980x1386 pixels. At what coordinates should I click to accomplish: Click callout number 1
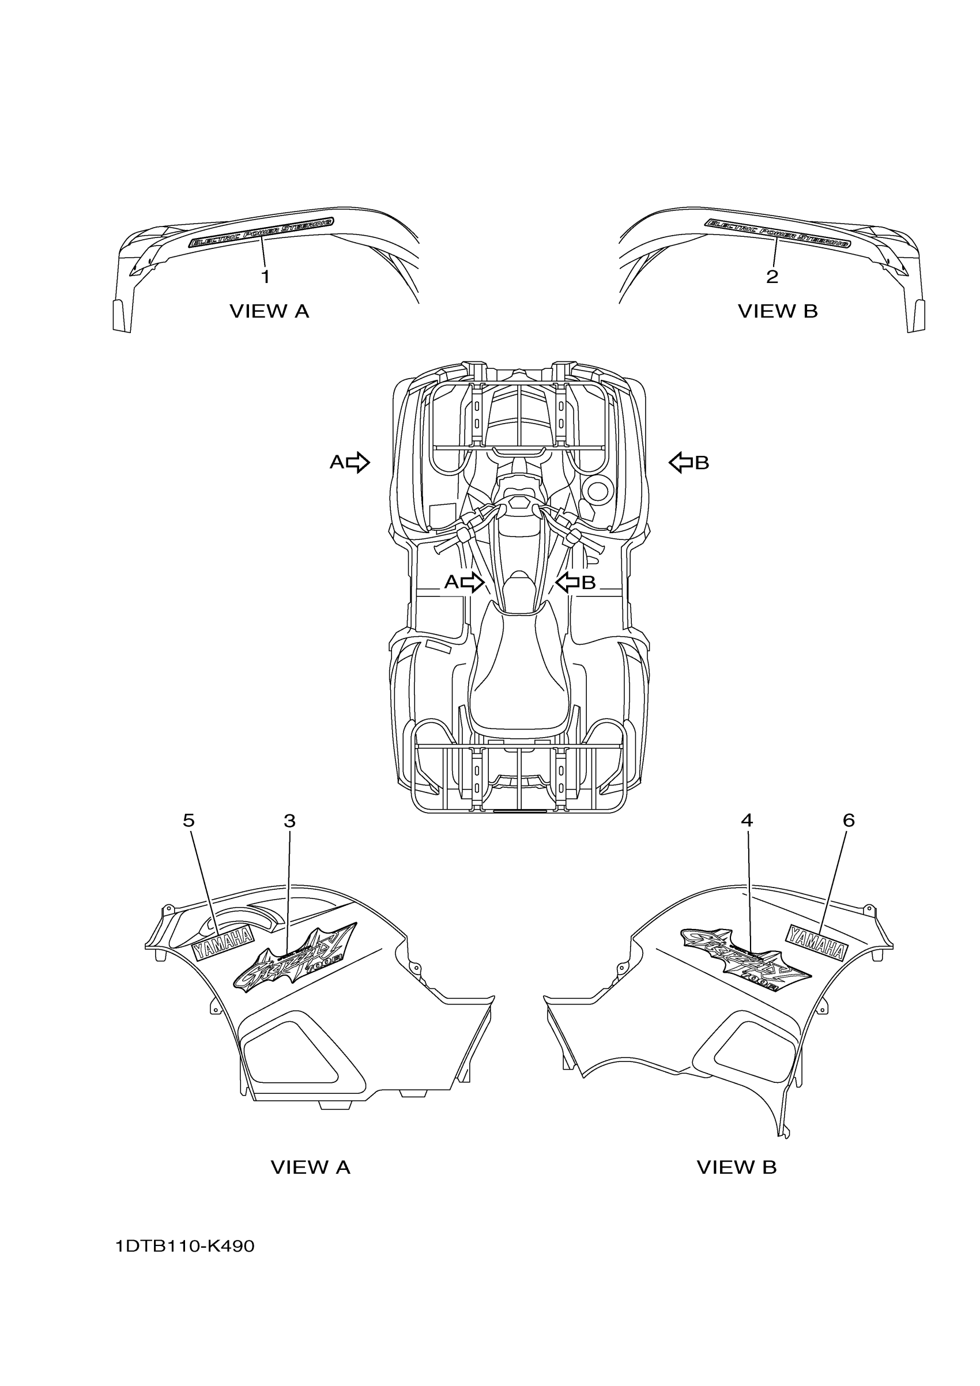pyautogui.click(x=265, y=277)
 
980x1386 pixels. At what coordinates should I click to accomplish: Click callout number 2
pyautogui.click(x=772, y=277)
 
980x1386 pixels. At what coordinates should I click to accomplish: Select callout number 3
pyautogui.click(x=289, y=821)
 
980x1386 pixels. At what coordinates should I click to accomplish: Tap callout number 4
pyautogui.click(x=747, y=821)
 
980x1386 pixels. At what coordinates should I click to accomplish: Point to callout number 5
pyautogui.click(x=189, y=821)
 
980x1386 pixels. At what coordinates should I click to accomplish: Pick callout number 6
pyautogui.click(x=849, y=821)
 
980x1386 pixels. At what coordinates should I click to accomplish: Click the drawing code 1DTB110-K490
pyautogui.click(x=186, y=1246)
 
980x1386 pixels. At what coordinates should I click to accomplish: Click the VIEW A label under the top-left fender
pyautogui.click(x=269, y=311)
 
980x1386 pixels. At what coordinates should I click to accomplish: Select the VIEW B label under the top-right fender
pyautogui.click(x=778, y=311)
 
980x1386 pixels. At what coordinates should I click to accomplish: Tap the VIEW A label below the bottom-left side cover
pyautogui.click(x=310, y=1168)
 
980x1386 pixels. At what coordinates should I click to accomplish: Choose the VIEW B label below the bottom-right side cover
pyautogui.click(x=737, y=1168)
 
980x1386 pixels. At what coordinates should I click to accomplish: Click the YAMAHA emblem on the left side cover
pyautogui.click(x=223, y=950)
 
